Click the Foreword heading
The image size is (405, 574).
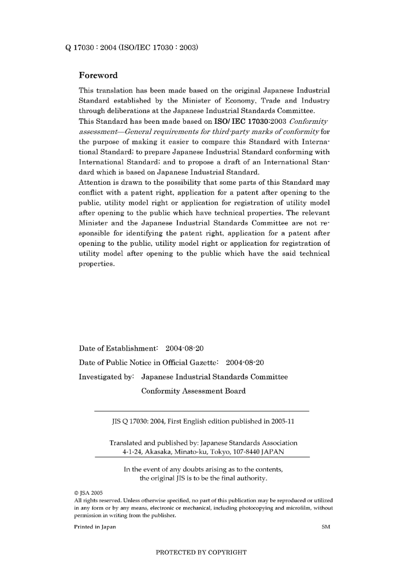[98, 76]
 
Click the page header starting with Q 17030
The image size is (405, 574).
[132, 47]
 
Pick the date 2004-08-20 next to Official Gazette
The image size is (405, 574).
[245, 362]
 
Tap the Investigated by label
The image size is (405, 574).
[107, 377]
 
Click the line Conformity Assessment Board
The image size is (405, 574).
[194, 391]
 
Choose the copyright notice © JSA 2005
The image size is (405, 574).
[89, 492]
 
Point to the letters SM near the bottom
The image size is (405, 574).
[326, 527]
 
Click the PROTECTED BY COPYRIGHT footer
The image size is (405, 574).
[201, 552]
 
